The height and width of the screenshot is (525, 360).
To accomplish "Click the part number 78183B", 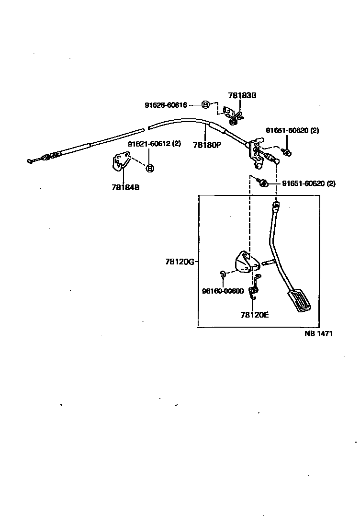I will (242, 95).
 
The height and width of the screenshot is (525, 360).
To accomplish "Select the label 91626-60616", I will (166, 105).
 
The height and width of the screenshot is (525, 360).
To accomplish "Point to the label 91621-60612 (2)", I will (154, 144).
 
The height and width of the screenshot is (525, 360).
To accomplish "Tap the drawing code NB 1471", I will (318, 334).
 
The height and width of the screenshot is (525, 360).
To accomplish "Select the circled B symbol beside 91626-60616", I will (205, 105).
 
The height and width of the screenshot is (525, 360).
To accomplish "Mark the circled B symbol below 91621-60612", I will (149, 168).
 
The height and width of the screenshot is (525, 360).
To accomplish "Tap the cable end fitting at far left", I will (33, 160).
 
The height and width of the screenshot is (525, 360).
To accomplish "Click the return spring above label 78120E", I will (255, 287).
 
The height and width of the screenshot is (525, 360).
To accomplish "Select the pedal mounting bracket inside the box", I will (246, 262).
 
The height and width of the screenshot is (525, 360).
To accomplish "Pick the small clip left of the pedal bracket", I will (223, 274).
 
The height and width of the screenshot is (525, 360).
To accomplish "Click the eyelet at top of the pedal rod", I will (276, 206).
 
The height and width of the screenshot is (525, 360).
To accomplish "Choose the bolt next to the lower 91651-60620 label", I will (262, 183).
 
